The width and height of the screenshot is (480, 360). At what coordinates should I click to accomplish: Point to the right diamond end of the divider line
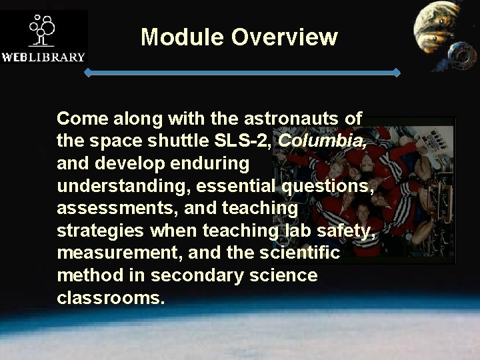coord(397,72)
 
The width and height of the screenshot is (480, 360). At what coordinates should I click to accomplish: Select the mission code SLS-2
coord(244,141)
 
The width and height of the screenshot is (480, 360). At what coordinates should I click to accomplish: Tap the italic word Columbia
coord(321,141)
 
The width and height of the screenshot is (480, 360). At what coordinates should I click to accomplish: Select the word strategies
coord(99,231)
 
